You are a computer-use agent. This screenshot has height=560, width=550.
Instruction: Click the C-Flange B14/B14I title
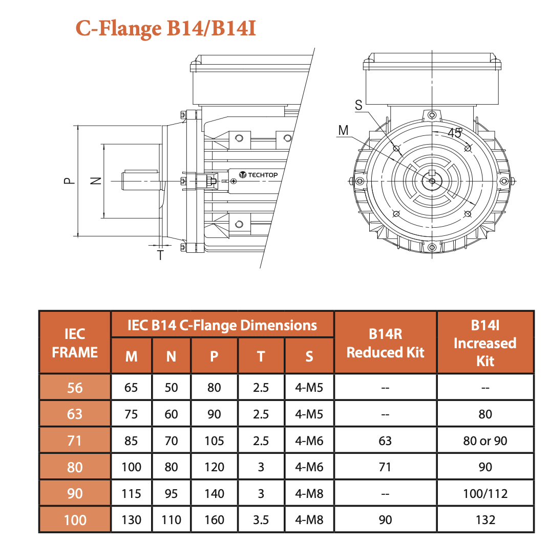[x=166, y=28]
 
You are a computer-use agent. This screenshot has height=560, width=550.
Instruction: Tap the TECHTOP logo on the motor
[x=259, y=175]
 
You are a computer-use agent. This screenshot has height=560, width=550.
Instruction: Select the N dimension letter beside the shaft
[x=95, y=181]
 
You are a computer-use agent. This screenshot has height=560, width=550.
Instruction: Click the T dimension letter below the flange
[x=160, y=254]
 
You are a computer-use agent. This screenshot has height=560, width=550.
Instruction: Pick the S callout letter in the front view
[x=358, y=105]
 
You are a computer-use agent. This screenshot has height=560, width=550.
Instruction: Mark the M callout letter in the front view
[x=343, y=130]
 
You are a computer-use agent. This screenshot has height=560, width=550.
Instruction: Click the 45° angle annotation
[x=455, y=132]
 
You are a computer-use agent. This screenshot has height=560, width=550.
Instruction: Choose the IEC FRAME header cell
[x=75, y=343]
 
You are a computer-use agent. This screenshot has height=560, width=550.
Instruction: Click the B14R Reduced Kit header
[x=385, y=343]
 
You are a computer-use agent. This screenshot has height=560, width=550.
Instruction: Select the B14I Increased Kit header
[x=485, y=343]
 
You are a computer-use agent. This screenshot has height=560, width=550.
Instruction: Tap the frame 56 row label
[x=75, y=387]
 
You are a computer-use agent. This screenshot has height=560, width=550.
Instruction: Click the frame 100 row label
[x=75, y=520]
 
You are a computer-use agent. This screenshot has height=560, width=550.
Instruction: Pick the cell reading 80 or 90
[x=485, y=441]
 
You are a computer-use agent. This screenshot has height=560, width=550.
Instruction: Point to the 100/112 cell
[x=485, y=493]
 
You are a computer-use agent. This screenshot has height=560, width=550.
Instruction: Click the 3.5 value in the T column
[x=261, y=520]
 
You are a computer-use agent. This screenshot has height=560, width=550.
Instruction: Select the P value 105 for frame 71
[x=214, y=441]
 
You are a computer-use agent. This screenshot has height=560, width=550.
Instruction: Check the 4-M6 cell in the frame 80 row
[x=309, y=467]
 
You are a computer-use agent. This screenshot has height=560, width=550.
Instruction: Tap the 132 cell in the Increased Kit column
[x=485, y=520]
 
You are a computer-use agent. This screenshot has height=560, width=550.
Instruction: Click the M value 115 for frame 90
[x=131, y=493]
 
